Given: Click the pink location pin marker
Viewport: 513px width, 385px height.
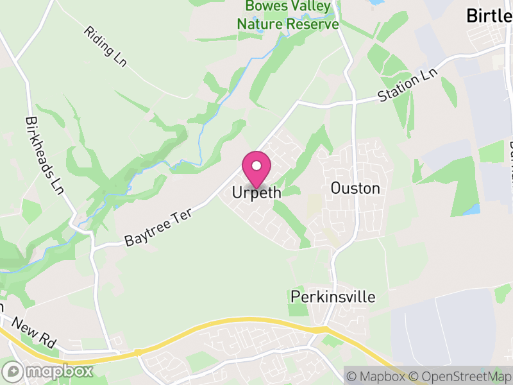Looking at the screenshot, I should point(256,169).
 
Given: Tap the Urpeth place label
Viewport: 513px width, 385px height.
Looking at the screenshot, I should point(256,193).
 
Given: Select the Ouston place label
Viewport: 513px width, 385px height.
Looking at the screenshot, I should point(355,188).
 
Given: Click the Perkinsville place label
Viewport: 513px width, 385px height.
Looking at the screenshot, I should point(333,297).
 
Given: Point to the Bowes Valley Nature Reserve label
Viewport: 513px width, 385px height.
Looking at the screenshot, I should point(288,16).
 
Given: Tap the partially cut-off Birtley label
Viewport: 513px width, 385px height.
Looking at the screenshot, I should point(489,15).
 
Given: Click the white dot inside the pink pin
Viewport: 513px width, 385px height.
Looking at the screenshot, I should point(256,166).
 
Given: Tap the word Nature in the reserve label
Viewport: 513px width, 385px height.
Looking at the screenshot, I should point(261,24).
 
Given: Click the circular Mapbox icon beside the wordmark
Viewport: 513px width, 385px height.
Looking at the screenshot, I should point(12,371).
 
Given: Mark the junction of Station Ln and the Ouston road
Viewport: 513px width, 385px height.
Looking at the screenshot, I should point(353,101).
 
